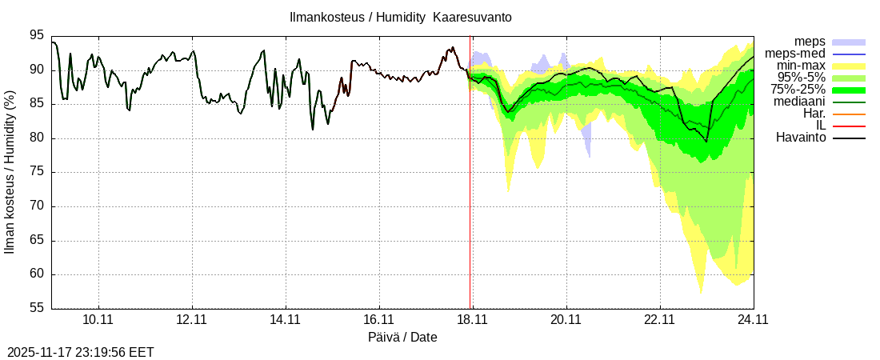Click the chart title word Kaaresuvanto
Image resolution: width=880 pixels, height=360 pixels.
472,17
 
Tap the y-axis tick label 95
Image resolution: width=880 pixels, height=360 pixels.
37,35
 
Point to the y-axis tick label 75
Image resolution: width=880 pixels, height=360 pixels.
37,172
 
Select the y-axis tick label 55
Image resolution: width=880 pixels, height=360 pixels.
37,309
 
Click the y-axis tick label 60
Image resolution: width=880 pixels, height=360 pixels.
37,274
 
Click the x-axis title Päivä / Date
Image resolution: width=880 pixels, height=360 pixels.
402,338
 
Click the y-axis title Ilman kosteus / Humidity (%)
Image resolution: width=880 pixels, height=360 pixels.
10,172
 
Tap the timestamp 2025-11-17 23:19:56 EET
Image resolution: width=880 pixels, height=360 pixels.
80,352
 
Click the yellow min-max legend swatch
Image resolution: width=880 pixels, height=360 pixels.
849,66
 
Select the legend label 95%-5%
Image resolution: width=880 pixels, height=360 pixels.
800,78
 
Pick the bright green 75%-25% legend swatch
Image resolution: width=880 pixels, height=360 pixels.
849,90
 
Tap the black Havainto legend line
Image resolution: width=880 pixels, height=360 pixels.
849,138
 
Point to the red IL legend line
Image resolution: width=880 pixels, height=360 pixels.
849,126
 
